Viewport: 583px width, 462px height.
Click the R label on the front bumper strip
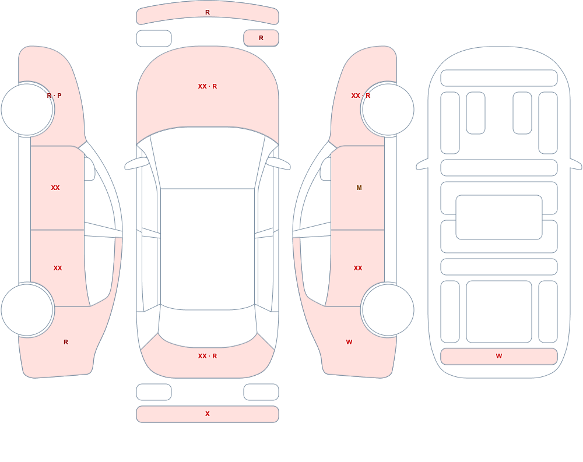point(208,12)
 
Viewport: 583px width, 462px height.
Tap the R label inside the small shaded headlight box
point(261,38)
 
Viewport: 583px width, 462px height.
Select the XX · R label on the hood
point(208,86)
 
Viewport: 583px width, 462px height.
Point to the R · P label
point(54,96)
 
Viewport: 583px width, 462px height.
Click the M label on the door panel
point(359,188)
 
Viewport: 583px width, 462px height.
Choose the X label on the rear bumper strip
point(208,414)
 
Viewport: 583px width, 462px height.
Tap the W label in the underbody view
point(499,356)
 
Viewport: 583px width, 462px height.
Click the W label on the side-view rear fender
point(349,342)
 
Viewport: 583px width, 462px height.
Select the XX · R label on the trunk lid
point(208,356)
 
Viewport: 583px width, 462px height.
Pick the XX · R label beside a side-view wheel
point(361,96)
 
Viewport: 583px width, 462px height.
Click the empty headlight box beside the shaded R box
point(154,38)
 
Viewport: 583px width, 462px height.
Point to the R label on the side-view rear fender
point(66,342)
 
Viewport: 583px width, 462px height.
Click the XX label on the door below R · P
point(55,188)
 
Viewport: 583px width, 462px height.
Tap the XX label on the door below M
point(358,268)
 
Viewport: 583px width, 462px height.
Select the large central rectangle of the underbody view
point(499,217)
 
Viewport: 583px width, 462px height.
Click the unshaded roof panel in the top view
point(208,249)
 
